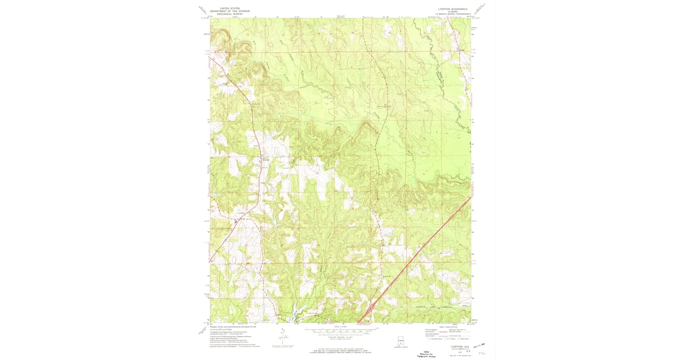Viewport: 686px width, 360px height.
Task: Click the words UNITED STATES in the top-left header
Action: pyautogui.click(x=226, y=9)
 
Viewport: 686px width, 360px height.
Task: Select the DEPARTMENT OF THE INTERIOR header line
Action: pyautogui.click(x=226, y=11)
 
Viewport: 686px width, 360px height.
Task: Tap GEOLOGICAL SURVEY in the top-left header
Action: pyautogui.click(x=226, y=14)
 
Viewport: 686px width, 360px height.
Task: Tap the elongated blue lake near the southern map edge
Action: pyautogui.click(x=293, y=314)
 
